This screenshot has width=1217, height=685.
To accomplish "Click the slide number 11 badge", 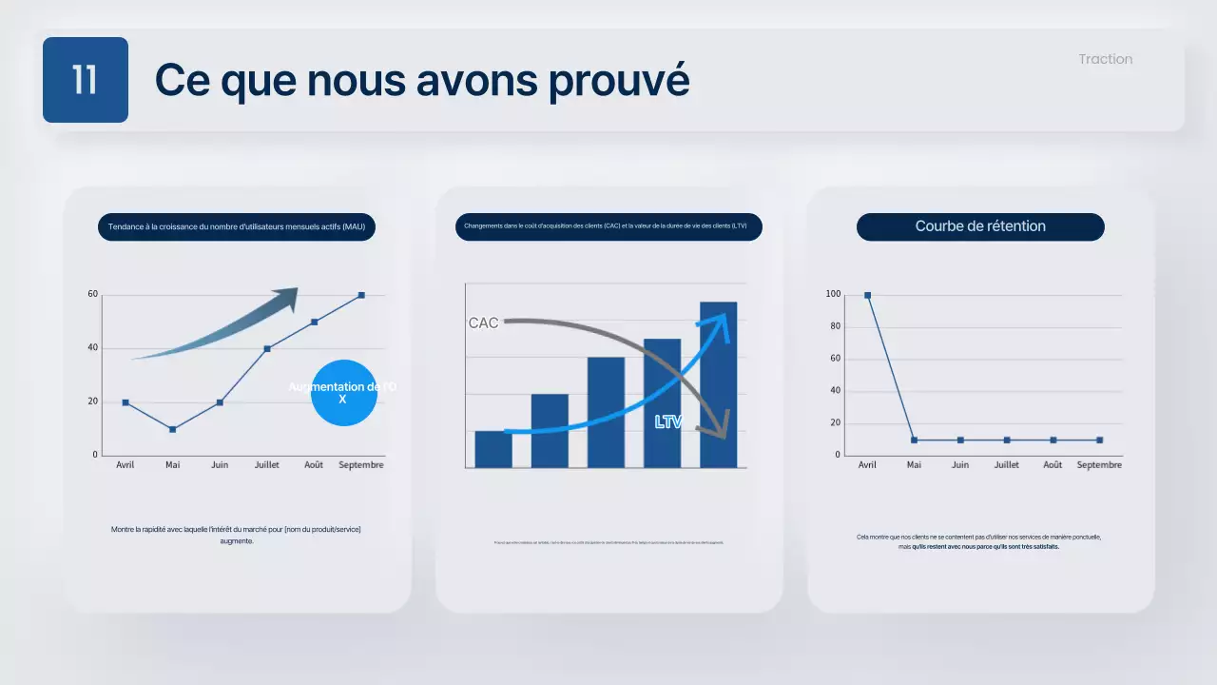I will pos(85,80).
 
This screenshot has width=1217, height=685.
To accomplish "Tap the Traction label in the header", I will pos(1105,59).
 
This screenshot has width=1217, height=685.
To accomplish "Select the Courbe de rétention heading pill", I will pos(980,226).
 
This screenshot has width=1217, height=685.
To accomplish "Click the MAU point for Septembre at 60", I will pos(361,295).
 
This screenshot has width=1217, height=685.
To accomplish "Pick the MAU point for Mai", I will pos(172,429).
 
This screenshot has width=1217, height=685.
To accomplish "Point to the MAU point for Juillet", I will pos(267,348).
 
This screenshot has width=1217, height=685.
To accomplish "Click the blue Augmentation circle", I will pos(343,393).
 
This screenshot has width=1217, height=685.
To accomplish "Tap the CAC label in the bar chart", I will pos(483,323).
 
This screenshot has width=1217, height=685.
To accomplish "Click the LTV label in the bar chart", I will pos(668,421).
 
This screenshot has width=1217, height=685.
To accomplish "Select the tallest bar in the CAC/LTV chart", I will pos(718,384).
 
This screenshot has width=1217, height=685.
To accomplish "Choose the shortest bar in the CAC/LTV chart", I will pos(493,449).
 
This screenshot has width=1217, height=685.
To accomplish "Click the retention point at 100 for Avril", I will pos(867,295).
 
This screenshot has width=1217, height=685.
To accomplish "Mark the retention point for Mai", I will pos(914,440).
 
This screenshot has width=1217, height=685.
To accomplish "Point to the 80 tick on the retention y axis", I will pos(834,326).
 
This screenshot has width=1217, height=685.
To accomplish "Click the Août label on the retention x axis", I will pos(1053,465).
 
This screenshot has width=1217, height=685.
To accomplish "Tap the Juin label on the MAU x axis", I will pos(219,465).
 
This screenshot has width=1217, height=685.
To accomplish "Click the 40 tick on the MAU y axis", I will pos(93,348).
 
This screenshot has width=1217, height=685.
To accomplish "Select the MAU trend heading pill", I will pos(237,226).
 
